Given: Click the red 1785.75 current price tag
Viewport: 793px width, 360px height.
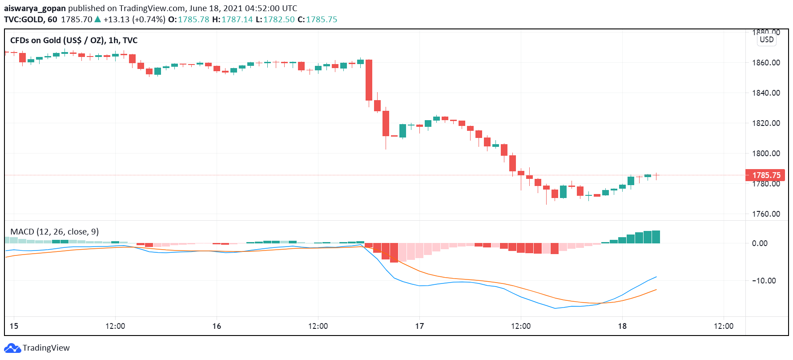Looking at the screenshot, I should (x=765, y=175).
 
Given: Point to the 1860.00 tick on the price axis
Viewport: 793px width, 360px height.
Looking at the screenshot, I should (x=766, y=63).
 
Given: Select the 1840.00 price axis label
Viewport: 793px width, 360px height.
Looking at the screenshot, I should (x=766, y=93).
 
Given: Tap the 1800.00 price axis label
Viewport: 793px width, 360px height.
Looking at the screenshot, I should (x=766, y=154).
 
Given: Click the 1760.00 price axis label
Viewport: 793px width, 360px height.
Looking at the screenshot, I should (x=766, y=214).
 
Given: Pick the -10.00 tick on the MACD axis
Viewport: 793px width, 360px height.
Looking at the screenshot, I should (x=764, y=281).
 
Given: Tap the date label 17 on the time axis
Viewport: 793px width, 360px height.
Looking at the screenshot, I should (x=419, y=326).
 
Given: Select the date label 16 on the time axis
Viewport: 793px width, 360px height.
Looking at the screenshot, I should (x=217, y=326).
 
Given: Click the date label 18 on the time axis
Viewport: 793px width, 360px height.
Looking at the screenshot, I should (x=622, y=326).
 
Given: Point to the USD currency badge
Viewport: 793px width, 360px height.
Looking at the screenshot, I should (x=766, y=40).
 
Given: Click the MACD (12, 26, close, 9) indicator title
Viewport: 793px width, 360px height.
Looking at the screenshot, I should (x=54, y=232).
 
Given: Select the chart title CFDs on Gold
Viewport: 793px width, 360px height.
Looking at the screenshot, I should (x=74, y=40).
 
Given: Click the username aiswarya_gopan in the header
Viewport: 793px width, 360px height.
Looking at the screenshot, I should (x=35, y=8).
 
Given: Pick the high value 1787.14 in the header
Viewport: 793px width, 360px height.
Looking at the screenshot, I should (x=237, y=20).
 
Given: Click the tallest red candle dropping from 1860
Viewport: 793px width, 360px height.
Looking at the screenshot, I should (x=369, y=80).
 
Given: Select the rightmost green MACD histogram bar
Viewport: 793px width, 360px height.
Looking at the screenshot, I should (x=656, y=237).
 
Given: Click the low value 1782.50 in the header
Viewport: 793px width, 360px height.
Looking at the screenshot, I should (x=279, y=20).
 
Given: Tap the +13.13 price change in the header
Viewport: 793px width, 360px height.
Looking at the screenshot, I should (x=117, y=20).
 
